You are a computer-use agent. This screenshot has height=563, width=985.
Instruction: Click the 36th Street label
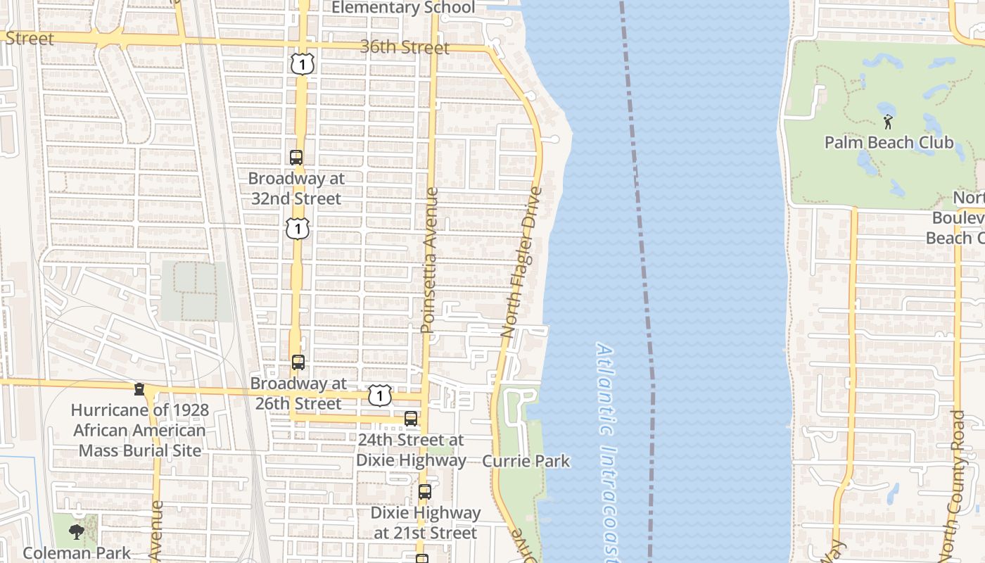pos(405,47)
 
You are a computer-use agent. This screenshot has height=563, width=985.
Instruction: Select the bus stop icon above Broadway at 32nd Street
pos(296,158)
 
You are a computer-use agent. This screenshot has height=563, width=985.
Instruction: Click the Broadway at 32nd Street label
pos(296,189)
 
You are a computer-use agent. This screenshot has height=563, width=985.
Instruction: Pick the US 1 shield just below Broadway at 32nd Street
pos(298,229)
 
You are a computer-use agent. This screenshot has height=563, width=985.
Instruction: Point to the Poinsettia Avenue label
pos(430,260)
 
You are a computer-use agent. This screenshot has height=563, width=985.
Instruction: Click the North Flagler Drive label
pos(523,262)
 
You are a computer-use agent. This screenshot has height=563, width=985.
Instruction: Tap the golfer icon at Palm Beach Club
pos(888,122)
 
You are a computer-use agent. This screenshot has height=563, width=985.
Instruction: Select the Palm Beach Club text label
pos(889,143)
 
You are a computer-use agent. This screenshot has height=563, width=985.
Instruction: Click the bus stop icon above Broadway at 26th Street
pos(298,362)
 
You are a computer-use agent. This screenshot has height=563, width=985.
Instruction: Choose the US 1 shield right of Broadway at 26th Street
pos(380,396)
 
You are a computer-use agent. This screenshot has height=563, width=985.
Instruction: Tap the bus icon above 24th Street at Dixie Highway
pos(411,419)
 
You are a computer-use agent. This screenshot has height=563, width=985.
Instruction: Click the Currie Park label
pos(526,462)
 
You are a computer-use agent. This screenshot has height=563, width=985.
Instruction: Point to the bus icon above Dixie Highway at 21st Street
pos(424,492)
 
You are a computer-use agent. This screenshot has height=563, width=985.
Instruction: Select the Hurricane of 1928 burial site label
pos(139,430)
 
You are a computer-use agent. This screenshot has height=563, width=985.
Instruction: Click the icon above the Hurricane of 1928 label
pos(139,389)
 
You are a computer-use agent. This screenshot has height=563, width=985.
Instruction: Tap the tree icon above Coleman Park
pos(77,532)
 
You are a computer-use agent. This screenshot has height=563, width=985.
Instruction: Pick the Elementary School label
pos(403,8)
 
